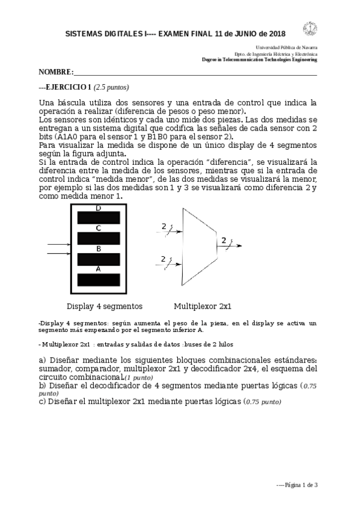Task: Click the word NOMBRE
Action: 55,72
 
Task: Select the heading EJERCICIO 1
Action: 66,86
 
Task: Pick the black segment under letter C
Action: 99,238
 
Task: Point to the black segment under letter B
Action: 99,259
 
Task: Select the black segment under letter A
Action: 99,280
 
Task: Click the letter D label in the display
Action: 98,208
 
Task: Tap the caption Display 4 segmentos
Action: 105,305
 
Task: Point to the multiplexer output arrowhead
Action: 240,246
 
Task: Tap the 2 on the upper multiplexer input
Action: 163,226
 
